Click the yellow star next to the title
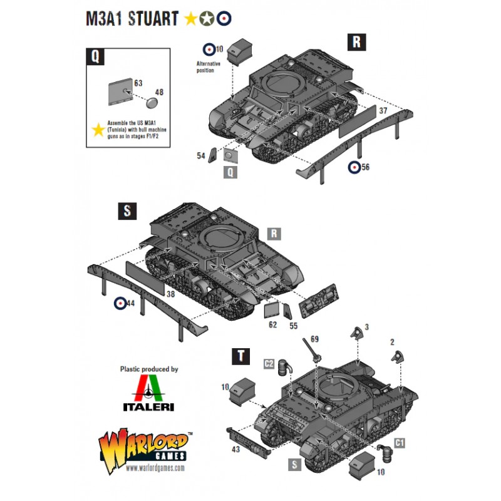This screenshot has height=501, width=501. [x=191, y=19]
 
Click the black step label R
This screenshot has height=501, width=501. [x=356, y=42]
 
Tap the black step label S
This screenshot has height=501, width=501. [x=127, y=211]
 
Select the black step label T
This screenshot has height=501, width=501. [x=240, y=356]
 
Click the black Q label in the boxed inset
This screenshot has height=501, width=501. [x=95, y=56]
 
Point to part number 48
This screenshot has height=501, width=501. [x=159, y=92]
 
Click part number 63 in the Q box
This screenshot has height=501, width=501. [x=138, y=83]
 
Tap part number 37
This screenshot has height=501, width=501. [x=383, y=111]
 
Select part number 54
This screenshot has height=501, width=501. [x=200, y=155]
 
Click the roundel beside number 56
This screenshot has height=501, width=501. [x=354, y=167]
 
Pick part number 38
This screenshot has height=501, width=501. [x=170, y=294]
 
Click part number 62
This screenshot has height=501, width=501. [x=272, y=324]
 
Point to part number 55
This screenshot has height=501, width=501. [x=293, y=326]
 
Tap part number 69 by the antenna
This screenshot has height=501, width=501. [x=314, y=339]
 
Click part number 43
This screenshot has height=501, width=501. [x=235, y=449]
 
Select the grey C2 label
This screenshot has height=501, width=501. [x=269, y=364]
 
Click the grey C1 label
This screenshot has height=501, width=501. [x=400, y=443]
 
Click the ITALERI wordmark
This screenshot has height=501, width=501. [x=148, y=406]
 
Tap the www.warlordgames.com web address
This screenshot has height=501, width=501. [x=155, y=468]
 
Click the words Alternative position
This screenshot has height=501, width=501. [x=208, y=67]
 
